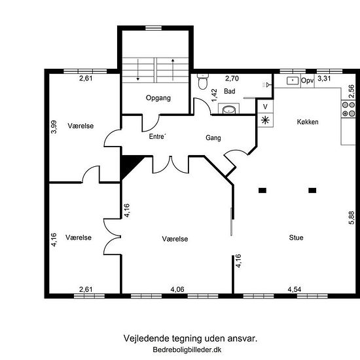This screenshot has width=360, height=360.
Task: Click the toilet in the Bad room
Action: (202, 82)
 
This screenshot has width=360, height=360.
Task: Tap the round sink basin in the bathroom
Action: (228, 110)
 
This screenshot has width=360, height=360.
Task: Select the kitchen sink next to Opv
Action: (293, 81)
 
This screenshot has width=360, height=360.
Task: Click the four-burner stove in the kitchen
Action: (348, 109)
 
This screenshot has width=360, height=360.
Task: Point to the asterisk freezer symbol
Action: (265, 120)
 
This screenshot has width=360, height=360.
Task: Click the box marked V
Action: (265, 107)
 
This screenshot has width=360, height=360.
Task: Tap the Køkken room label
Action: (308, 122)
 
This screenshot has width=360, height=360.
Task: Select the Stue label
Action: (296, 238)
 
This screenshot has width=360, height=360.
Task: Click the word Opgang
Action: (158, 98)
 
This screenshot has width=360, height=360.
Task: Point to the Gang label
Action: (213, 137)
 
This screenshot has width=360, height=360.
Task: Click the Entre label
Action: (157, 136)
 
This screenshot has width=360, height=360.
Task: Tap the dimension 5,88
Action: (351, 218)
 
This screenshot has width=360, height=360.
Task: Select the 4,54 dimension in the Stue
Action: (294, 289)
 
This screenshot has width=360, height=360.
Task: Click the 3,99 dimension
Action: (54, 127)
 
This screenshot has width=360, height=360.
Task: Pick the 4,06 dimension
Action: (177, 289)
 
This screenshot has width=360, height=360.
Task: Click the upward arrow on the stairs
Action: (173, 70)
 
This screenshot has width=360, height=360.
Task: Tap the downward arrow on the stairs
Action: (137, 70)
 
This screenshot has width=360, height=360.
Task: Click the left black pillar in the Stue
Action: (262, 190)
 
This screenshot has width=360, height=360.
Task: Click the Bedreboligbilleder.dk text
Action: (187, 350)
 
